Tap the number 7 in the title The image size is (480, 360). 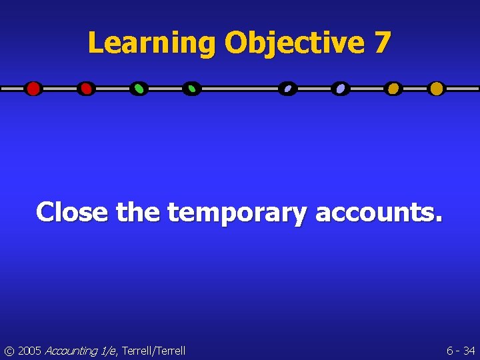[382, 44]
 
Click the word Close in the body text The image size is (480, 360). [72, 212]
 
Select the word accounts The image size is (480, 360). [377, 212]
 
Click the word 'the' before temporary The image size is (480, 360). [138, 212]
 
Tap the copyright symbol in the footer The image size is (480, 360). [9, 351]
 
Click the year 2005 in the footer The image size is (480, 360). [30, 351]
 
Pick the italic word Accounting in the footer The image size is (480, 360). [71, 351]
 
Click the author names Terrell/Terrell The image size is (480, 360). [153, 351]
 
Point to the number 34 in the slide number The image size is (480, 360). [469, 351]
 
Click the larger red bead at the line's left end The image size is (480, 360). [33, 89]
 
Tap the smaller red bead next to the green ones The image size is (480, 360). [86, 89]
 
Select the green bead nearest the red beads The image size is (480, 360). [139, 89]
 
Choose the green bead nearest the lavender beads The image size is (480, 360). [191, 89]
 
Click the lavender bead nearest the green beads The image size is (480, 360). [287, 89]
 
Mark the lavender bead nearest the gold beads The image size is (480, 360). [341, 89]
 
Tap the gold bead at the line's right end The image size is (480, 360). [436, 89]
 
